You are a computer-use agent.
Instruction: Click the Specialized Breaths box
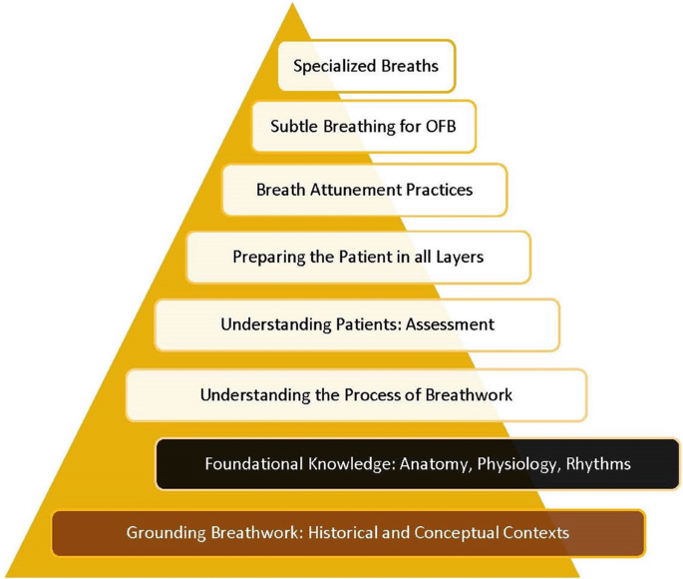coord(366,67)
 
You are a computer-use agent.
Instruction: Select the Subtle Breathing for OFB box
coord(363,127)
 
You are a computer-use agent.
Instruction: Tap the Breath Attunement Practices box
coord(364,190)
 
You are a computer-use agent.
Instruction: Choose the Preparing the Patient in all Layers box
coord(358,258)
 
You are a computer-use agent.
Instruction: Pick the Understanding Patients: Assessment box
coord(357,324)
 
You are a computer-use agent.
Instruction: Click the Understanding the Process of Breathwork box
coord(356,394)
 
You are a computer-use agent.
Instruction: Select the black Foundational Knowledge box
coord(417,463)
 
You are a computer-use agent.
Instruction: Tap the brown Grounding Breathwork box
coord(347,532)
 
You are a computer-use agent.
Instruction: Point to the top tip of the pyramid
coord(292,6)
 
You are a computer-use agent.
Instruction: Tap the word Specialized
coord(333,67)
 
